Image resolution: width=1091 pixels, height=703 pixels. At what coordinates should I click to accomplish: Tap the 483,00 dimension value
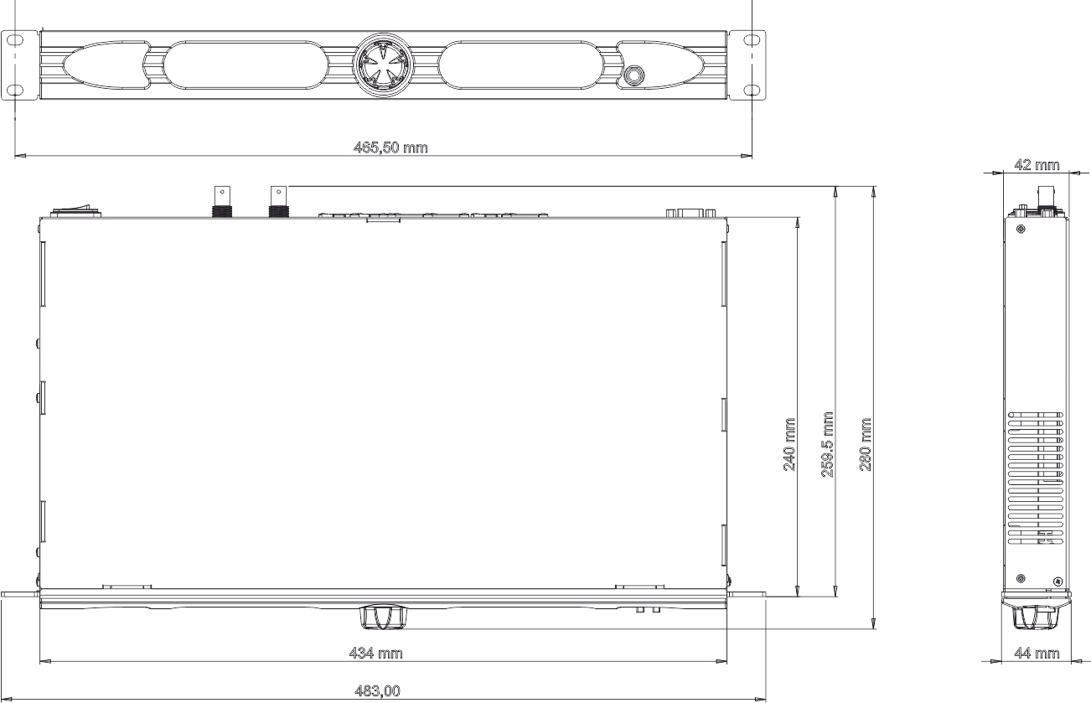pyautogui.click(x=377, y=691)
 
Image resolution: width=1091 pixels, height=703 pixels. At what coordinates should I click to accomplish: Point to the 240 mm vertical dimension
pyautogui.click(x=789, y=443)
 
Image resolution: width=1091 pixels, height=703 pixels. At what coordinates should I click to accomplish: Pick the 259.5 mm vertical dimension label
pyautogui.click(x=828, y=443)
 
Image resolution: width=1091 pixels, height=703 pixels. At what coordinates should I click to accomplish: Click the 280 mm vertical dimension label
pyautogui.click(x=866, y=443)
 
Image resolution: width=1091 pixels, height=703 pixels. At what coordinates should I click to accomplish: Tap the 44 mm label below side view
pyautogui.click(x=1037, y=653)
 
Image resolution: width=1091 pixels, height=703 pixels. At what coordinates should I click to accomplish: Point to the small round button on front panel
pyautogui.click(x=634, y=75)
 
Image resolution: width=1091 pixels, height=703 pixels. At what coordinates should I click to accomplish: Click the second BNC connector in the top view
pyautogui.click(x=277, y=202)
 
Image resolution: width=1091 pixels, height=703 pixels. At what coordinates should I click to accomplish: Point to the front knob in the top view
pyautogui.click(x=382, y=618)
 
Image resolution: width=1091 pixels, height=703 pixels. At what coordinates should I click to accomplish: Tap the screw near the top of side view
pyautogui.click(x=1020, y=229)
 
